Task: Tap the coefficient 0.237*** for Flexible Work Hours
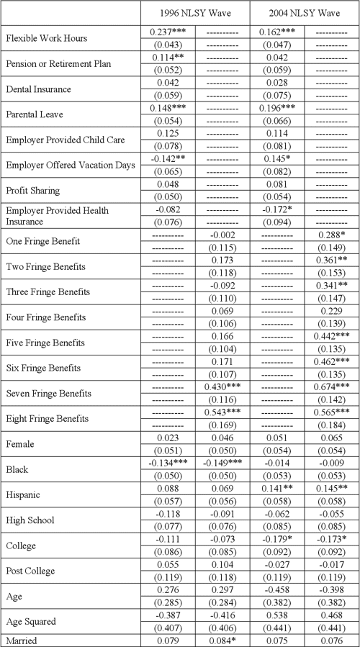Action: coord(168,32)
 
